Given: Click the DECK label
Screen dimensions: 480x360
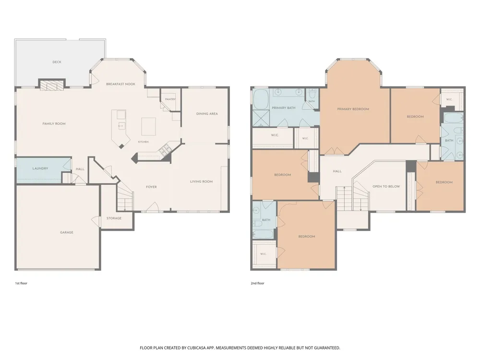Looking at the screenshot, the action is (57, 62).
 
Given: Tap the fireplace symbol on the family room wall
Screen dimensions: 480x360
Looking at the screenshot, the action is (52, 85).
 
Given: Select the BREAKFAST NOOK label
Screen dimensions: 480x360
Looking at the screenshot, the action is (120, 84).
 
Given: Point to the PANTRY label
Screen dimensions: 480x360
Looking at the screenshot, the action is (170, 99).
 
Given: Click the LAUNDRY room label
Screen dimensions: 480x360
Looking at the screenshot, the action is (40, 168).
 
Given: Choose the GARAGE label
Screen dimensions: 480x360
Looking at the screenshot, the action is (66, 232).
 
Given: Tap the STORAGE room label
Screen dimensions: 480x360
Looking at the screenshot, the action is (114, 218).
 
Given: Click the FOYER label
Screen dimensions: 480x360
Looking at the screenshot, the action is (151, 187).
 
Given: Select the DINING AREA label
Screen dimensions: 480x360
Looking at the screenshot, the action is (207, 114).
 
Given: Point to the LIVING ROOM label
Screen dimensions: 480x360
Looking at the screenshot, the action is (202, 181).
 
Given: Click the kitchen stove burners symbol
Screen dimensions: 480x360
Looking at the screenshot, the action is (165, 150).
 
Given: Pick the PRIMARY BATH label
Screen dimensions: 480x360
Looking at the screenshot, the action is (284, 108).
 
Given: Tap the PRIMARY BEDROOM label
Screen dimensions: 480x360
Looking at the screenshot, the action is (353, 109).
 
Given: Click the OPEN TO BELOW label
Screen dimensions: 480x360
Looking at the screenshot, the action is (386, 186).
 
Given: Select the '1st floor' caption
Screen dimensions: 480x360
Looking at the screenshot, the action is (21, 283).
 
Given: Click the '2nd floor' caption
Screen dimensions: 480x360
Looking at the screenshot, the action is (257, 283).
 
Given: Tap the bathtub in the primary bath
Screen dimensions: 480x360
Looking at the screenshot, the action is (261, 99).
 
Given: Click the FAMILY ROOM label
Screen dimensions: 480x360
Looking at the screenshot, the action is (54, 124).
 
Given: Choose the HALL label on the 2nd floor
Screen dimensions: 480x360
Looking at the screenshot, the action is (337, 171).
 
